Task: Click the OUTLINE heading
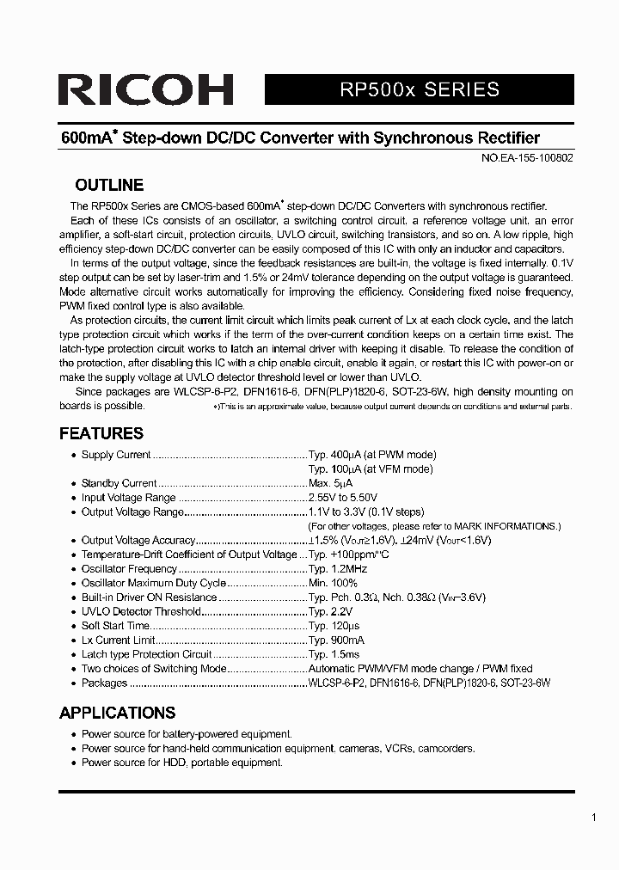(x=109, y=185)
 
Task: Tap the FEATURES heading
(x=101, y=433)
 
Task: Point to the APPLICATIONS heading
(x=117, y=713)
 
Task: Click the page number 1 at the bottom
(x=594, y=818)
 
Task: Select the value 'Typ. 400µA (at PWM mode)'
(x=371, y=455)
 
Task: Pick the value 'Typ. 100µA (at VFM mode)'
(x=370, y=469)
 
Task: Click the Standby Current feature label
(x=119, y=483)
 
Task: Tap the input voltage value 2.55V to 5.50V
(x=342, y=498)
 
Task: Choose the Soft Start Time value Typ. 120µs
(x=334, y=626)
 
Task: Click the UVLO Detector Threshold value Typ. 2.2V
(x=331, y=611)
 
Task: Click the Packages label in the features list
(x=104, y=683)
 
